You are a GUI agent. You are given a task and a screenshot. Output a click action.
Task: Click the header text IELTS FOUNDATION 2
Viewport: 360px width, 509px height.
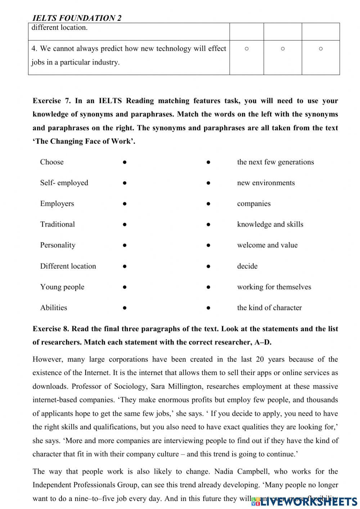[77, 18]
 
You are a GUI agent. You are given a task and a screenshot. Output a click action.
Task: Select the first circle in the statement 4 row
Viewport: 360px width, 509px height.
[247, 49]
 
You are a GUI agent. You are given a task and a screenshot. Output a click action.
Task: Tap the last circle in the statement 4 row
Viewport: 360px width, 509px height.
[321, 49]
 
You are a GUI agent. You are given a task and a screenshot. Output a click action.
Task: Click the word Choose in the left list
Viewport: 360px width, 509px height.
[52, 162]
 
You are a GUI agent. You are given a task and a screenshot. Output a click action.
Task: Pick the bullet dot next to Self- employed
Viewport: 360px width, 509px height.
[124, 183]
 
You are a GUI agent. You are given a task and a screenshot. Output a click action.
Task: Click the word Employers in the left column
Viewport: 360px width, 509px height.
[57, 204]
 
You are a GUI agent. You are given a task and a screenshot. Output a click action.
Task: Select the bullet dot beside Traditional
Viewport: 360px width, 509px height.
[124, 224]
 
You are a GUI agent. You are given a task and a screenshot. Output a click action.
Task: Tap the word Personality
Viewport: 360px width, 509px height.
[58, 245]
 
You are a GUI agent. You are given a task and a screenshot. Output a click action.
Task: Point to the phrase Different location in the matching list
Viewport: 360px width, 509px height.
[68, 266]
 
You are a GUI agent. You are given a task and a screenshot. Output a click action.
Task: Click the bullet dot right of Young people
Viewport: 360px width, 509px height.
[124, 287]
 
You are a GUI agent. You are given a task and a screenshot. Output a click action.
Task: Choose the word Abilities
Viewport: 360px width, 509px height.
[54, 308]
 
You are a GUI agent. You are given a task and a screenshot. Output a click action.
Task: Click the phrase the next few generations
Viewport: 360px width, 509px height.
[275, 162]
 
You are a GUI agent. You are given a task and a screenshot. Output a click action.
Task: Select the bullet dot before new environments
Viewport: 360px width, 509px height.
[208, 183]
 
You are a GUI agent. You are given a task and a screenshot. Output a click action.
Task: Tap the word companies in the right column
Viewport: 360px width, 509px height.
[254, 204]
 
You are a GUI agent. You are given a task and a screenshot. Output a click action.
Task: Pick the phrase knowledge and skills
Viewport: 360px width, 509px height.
[270, 224]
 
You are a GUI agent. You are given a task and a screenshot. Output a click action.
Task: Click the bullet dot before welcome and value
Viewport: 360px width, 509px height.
[208, 245]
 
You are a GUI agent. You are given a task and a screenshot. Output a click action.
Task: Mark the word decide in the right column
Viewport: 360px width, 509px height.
[247, 266]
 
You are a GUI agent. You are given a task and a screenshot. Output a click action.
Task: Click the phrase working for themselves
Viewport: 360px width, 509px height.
[274, 287]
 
